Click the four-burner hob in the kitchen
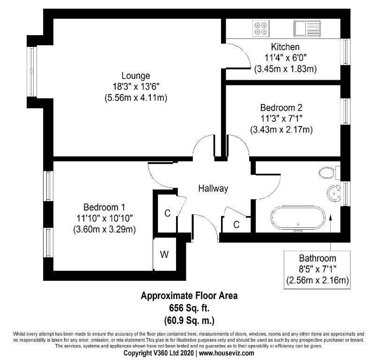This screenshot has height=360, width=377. click(261, 29)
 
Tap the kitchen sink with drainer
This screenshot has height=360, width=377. click(307, 29)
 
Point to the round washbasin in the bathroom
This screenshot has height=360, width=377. click(334, 193)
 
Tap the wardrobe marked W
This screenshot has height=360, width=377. click(165, 254)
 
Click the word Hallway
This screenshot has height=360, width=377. click(213, 188)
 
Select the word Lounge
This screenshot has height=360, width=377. click(136, 75)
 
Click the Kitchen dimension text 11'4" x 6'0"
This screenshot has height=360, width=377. click(285, 58)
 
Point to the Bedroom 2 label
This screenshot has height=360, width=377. click(281, 107)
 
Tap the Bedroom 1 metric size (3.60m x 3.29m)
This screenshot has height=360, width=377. click(104, 229)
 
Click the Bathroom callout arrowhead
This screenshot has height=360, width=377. click(330, 217)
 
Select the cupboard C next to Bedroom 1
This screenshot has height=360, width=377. click(167, 213)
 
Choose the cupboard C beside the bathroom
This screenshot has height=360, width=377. click(237, 225)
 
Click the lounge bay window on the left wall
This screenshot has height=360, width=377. click(32, 71)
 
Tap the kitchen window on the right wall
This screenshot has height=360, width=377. click(346, 52)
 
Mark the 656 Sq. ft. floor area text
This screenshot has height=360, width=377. click(189, 308)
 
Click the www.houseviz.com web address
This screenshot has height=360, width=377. click(226, 353)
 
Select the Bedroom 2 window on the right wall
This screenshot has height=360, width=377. click(346, 112)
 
